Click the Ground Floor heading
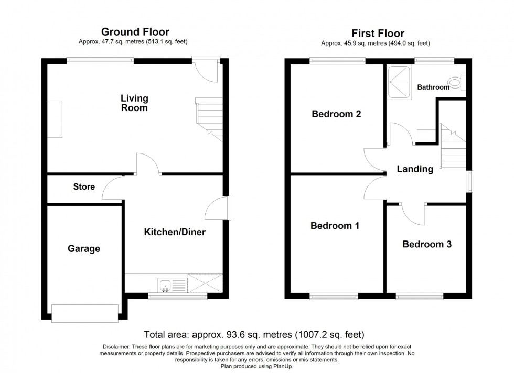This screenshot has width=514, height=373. (x=135, y=32)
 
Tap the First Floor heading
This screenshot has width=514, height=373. (x=378, y=34)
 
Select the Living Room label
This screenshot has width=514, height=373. (x=134, y=103)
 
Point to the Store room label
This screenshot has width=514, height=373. (x=84, y=186)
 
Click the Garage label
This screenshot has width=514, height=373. (x=84, y=248)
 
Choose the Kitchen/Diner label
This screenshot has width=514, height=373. (x=175, y=232)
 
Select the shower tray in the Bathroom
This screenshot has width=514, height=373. (x=399, y=82)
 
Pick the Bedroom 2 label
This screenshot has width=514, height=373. (x=336, y=114)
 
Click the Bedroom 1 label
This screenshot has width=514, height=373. (x=335, y=226)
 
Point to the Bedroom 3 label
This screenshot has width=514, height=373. (x=427, y=244)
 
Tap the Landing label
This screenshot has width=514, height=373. (x=415, y=169)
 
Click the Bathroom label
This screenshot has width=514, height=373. (x=433, y=87)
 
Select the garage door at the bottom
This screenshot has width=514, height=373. (x=85, y=313)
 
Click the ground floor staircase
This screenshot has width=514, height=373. (x=209, y=119)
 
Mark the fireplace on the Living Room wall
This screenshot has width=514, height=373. (x=55, y=119)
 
